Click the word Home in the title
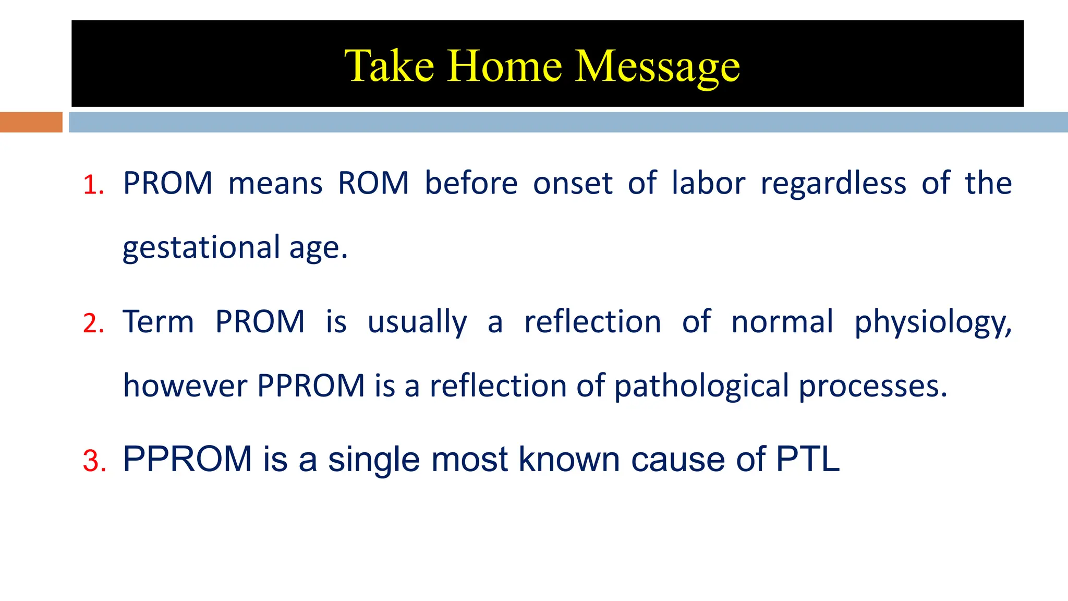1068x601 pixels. pyautogui.click(x=504, y=66)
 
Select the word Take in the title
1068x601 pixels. pyautogui.click(x=389, y=66)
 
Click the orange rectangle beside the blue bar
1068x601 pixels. pyautogui.click(x=31, y=122)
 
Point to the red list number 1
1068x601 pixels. pyautogui.click(x=93, y=185)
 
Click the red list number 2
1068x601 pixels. pyautogui.click(x=93, y=323)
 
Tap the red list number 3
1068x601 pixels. pyautogui.click(x=94, y=461)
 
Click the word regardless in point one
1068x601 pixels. pyautogui.click(x=833, y=184)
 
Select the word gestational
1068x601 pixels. pyautogui.click(x=201, y=248)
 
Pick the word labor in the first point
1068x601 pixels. pyautogui.click(x=708, y=183)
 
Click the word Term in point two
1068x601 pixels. pyautogui.click(x=159, y=322)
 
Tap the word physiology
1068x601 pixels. pyautogui.click(x=932, y=323)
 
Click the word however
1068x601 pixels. pyautogui.click(x=185, y=386)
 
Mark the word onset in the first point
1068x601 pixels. pyautogui.click(x=572, y=184)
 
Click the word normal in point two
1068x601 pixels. pyautogui.click(x=782, y=322)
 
